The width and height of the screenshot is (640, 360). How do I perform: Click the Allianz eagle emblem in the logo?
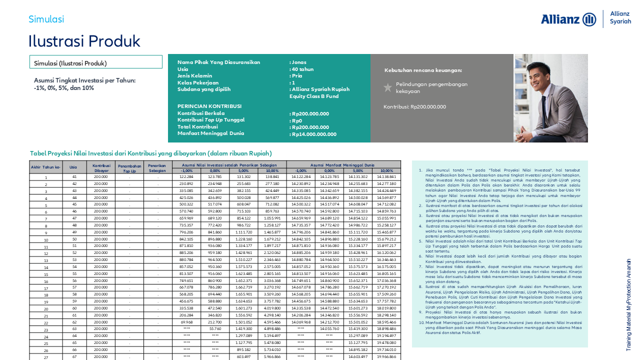tap(589, 19)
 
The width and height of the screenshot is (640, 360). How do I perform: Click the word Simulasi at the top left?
tap(46, 19)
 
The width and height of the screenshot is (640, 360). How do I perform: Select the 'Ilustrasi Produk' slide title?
tap(84, 41)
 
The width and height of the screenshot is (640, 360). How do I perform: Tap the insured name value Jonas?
tap(299, 62)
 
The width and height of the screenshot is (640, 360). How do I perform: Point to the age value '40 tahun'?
tap(302, 69)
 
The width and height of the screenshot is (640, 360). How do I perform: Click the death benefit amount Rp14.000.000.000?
tap(314, 134)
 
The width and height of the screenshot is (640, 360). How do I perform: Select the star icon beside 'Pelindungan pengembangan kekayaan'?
tap(387, 87)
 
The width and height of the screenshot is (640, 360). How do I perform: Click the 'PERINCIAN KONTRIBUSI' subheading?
tap(209, 106)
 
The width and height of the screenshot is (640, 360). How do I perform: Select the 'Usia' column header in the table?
tap(73, 167)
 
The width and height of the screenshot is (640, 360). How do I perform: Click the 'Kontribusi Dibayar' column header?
tap(101, 167)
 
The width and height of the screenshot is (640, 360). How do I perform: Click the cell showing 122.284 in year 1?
tap(186, 177)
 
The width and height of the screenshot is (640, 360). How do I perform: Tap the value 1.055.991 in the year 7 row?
tap(272, 218)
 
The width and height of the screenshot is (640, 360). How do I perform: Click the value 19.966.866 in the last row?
tap(386, 356)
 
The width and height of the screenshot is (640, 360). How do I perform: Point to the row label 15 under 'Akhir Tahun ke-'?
tap(46, 274)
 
